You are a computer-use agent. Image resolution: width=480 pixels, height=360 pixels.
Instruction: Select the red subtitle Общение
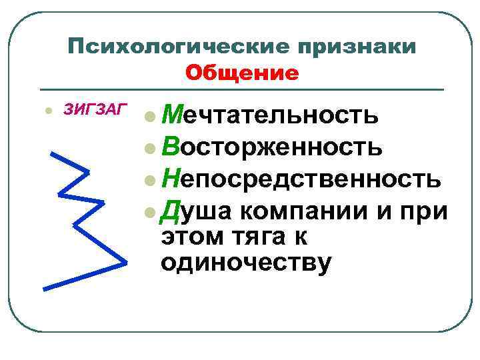click(x=242, y=72)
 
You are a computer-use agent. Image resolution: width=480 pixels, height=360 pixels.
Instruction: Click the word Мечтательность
click(x=272, y=115)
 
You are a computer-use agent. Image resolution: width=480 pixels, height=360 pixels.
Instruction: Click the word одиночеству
click(x=246, y=263)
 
